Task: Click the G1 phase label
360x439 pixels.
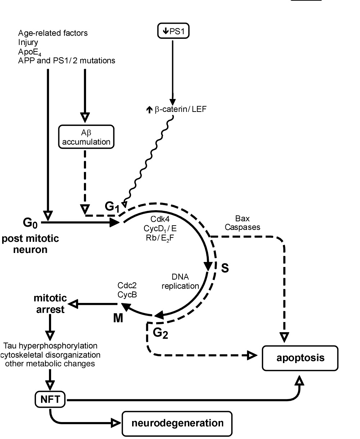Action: click(112, 207)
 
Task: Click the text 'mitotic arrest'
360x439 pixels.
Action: click(50, 303)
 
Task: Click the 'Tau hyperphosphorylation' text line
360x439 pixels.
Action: click(50, 346)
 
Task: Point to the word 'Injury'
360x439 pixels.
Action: click(28, 42)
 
